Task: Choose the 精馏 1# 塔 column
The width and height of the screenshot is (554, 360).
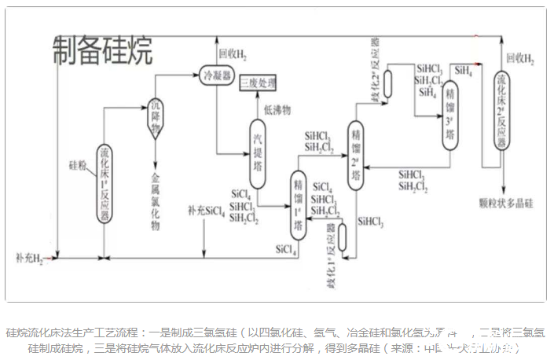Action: [x=298, y=205]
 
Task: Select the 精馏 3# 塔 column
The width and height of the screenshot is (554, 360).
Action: [x=449, y=116]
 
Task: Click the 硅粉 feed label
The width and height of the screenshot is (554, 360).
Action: [x=77, y=166]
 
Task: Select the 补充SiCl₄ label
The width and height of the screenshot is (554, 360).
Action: [x=206, y=211]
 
